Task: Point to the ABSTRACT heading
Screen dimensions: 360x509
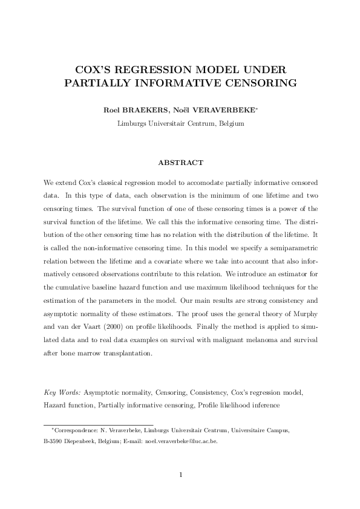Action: coord(180,163)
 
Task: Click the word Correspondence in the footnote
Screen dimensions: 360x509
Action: coord(74,430)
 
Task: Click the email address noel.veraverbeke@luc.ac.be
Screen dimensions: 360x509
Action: coord(182,441)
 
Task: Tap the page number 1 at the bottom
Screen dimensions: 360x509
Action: coord(180,474)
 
